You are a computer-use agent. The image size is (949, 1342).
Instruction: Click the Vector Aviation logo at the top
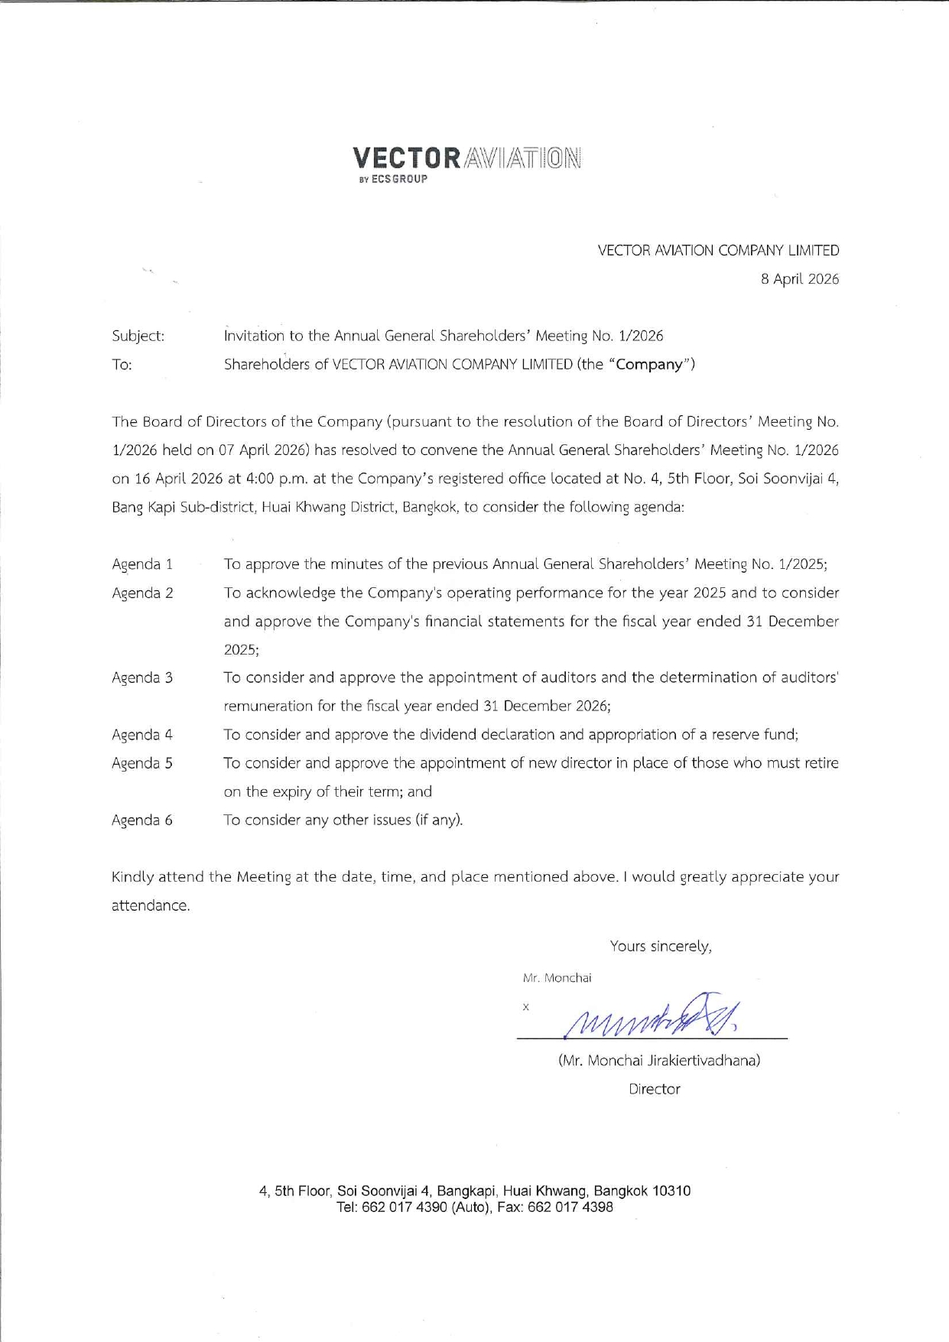pos(466,158)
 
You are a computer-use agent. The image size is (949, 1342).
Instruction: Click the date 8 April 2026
pos(799,279)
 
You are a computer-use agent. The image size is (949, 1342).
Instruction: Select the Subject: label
pos(138,336)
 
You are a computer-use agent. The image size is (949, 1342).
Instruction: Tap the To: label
pos(122,365)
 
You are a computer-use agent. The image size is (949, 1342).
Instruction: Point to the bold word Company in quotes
pos(649,364)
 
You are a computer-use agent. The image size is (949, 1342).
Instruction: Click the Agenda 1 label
pos(142,564)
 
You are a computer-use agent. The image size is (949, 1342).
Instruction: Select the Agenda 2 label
pos(142,593)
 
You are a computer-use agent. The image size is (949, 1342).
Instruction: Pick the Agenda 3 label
pos(142,677)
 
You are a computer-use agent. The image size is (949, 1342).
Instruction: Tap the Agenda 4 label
pos(142,735)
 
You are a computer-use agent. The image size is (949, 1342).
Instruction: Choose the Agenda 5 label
pos(142,763)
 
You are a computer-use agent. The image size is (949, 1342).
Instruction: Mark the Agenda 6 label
pos(142,820)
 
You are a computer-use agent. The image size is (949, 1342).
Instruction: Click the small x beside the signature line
pos(525,1007)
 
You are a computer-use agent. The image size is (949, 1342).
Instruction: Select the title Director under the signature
pos(654,1089)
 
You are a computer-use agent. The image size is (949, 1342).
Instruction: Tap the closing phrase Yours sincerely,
pos(661,947)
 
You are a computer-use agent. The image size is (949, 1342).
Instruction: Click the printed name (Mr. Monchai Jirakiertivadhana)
pos(659,1061)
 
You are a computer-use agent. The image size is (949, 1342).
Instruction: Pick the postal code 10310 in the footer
pos(673,1191)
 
